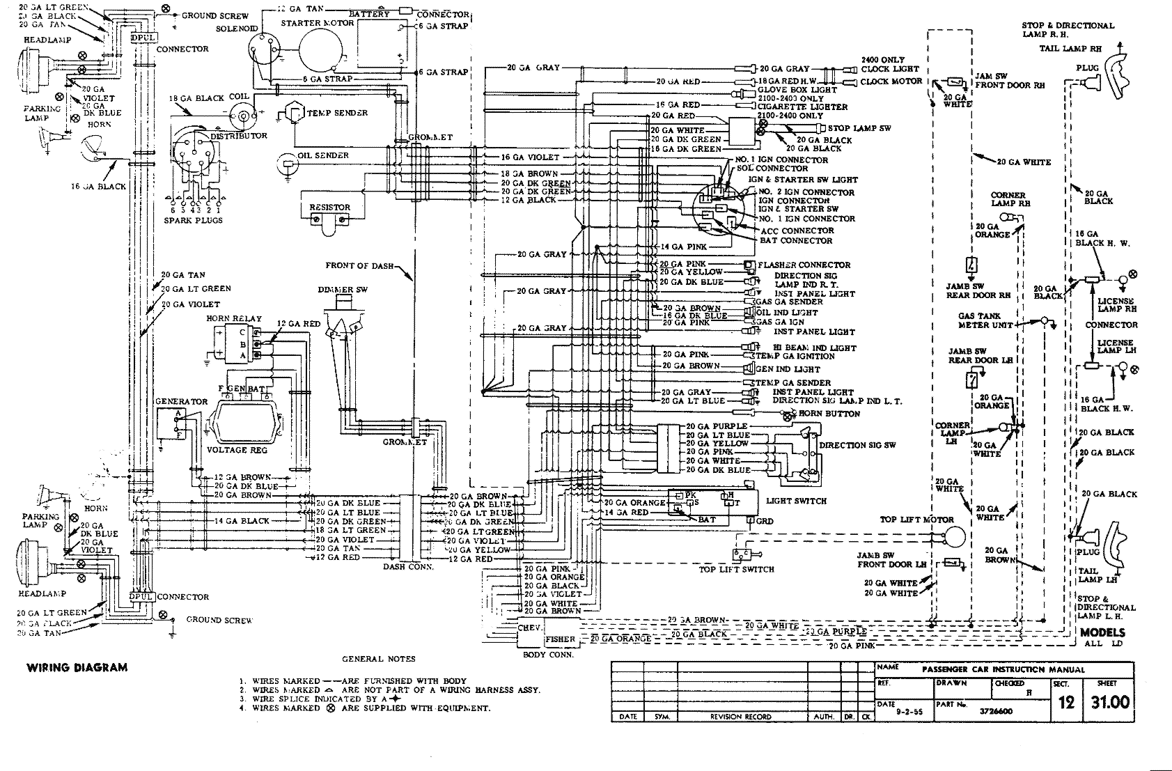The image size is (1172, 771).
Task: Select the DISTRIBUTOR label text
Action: point(239,136)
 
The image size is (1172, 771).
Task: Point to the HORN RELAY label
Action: point(234,318)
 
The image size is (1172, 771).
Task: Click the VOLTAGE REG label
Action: point(237,450)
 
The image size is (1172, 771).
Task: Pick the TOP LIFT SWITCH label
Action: point(737,569)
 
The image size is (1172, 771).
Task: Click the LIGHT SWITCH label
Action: point(796,501)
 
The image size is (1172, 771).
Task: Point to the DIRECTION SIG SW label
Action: point(857,445)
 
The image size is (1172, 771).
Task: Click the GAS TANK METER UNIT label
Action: point(985,320)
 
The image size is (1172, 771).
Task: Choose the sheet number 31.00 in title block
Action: point(1110,702)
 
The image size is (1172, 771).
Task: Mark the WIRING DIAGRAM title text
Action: point(77,667)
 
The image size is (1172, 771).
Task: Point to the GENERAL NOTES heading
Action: point(378,658)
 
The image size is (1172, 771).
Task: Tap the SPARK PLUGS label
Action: point(194,220)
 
